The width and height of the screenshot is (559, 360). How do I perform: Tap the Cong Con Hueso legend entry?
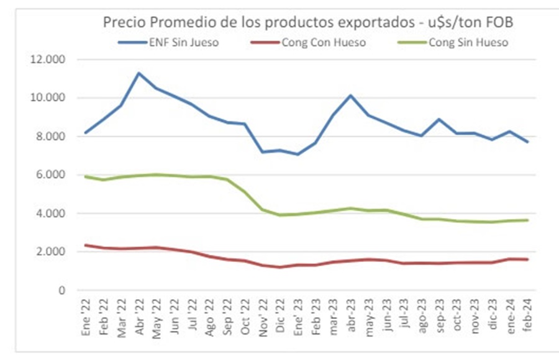[323, 42]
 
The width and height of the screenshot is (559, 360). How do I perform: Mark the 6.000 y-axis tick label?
[53, 175]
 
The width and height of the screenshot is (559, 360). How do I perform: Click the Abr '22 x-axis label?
[139, 318]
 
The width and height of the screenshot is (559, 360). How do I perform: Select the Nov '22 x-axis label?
[263, 318]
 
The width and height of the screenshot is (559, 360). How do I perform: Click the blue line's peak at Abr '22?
[139, 73]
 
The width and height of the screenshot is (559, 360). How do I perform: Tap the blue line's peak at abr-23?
[351, 96]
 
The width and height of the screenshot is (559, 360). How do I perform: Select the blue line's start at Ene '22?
[86, 133]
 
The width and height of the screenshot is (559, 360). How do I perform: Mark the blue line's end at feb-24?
[527, 142]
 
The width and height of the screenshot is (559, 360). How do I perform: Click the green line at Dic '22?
[280, 215]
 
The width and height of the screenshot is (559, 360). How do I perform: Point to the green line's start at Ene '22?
[86, 177]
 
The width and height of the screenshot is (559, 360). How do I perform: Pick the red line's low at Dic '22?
[280, 268]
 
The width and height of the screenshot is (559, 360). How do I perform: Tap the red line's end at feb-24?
[527, 259]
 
